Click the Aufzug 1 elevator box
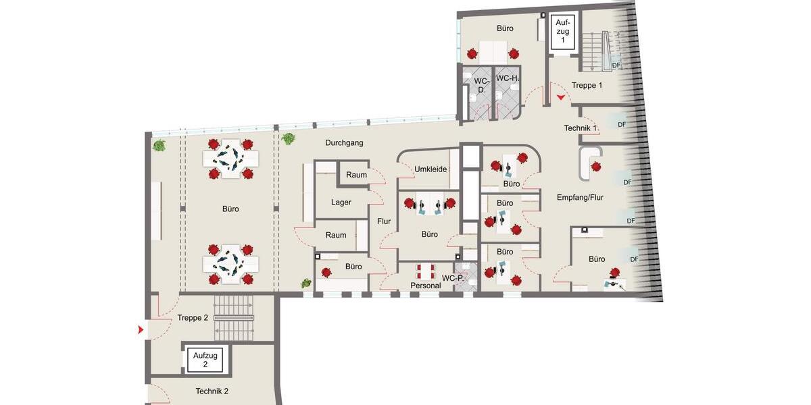[x=562, y=31]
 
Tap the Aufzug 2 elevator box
[x=205, y=359]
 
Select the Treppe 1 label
[x=587, y=85]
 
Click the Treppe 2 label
[x=193, y=317]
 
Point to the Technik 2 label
[x=212, y=391]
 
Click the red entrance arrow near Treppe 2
[x=141, y=330]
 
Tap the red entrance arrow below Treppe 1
[x=561, y=99]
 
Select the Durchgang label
[x=344, y=143]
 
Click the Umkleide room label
[x=431, y=169]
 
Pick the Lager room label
[x=341, y=202]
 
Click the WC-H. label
[x=508, y=79]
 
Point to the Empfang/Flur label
[x=580, y=197]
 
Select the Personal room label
[x=425, y=286]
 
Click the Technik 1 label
[x=581, y=128]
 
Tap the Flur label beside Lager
[x=384, y=221]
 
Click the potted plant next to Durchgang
[x=289, y=139]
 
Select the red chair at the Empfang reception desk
[x=596, y=166]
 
